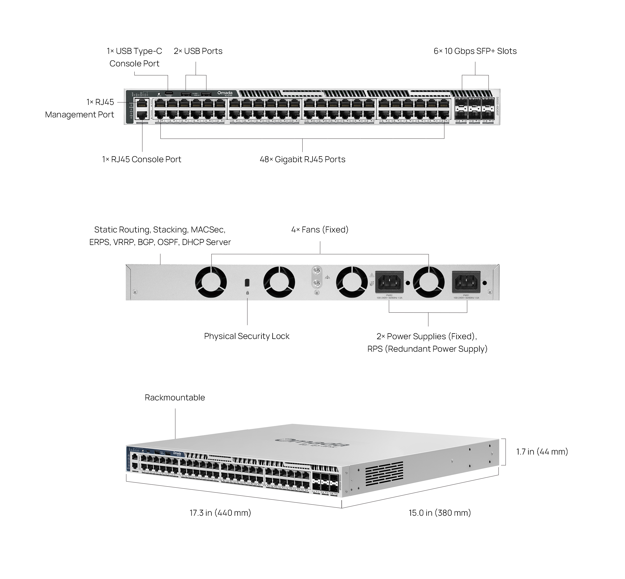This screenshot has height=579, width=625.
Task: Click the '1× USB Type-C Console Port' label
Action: (x=134, y=57)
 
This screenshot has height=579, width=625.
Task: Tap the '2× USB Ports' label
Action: (x=198, y=51)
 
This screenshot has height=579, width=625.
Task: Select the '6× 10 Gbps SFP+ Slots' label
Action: (x=475, y=51)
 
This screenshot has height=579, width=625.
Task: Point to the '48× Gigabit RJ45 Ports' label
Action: (x=302, y=160)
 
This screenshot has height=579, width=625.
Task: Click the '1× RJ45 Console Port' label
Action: (x=142, y=160)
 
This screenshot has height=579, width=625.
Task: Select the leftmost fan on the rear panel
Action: (x=211, y=282)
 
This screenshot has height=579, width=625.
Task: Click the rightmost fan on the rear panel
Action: (x=428, y=282)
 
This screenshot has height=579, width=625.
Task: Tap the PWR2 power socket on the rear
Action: (x=389, y=282)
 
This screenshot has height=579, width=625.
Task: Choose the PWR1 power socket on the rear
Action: (x=466, y=282)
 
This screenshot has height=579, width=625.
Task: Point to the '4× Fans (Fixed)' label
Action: (x=320, y=230)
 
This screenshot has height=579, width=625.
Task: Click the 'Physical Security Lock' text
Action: (x=247, y=336)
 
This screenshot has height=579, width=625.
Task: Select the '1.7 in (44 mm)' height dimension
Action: (x=542, y=451)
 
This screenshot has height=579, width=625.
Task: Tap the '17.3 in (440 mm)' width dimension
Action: (x=220, y=513)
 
